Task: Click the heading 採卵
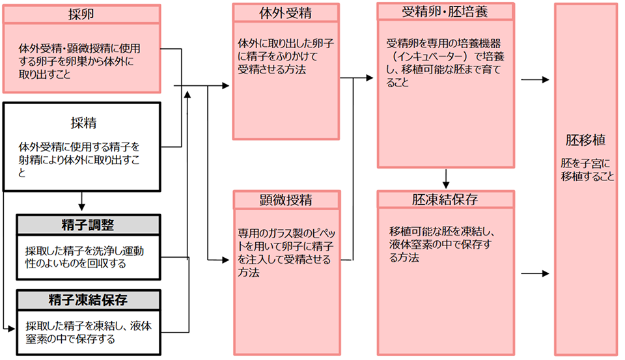click(x=81, y=14)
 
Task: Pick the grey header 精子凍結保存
click(x=87, y=299)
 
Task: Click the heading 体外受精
click(x=287, y=13)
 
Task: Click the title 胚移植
click(x=586, y=140)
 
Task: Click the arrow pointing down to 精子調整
click(x=82, y=202)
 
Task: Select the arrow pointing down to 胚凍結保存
click(x=446, y=178)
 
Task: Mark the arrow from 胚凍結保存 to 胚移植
click(x=536, y=273)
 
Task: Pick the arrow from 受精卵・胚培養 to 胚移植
click(x=536, y=80)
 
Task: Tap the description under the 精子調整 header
click(x=85, y=257)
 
